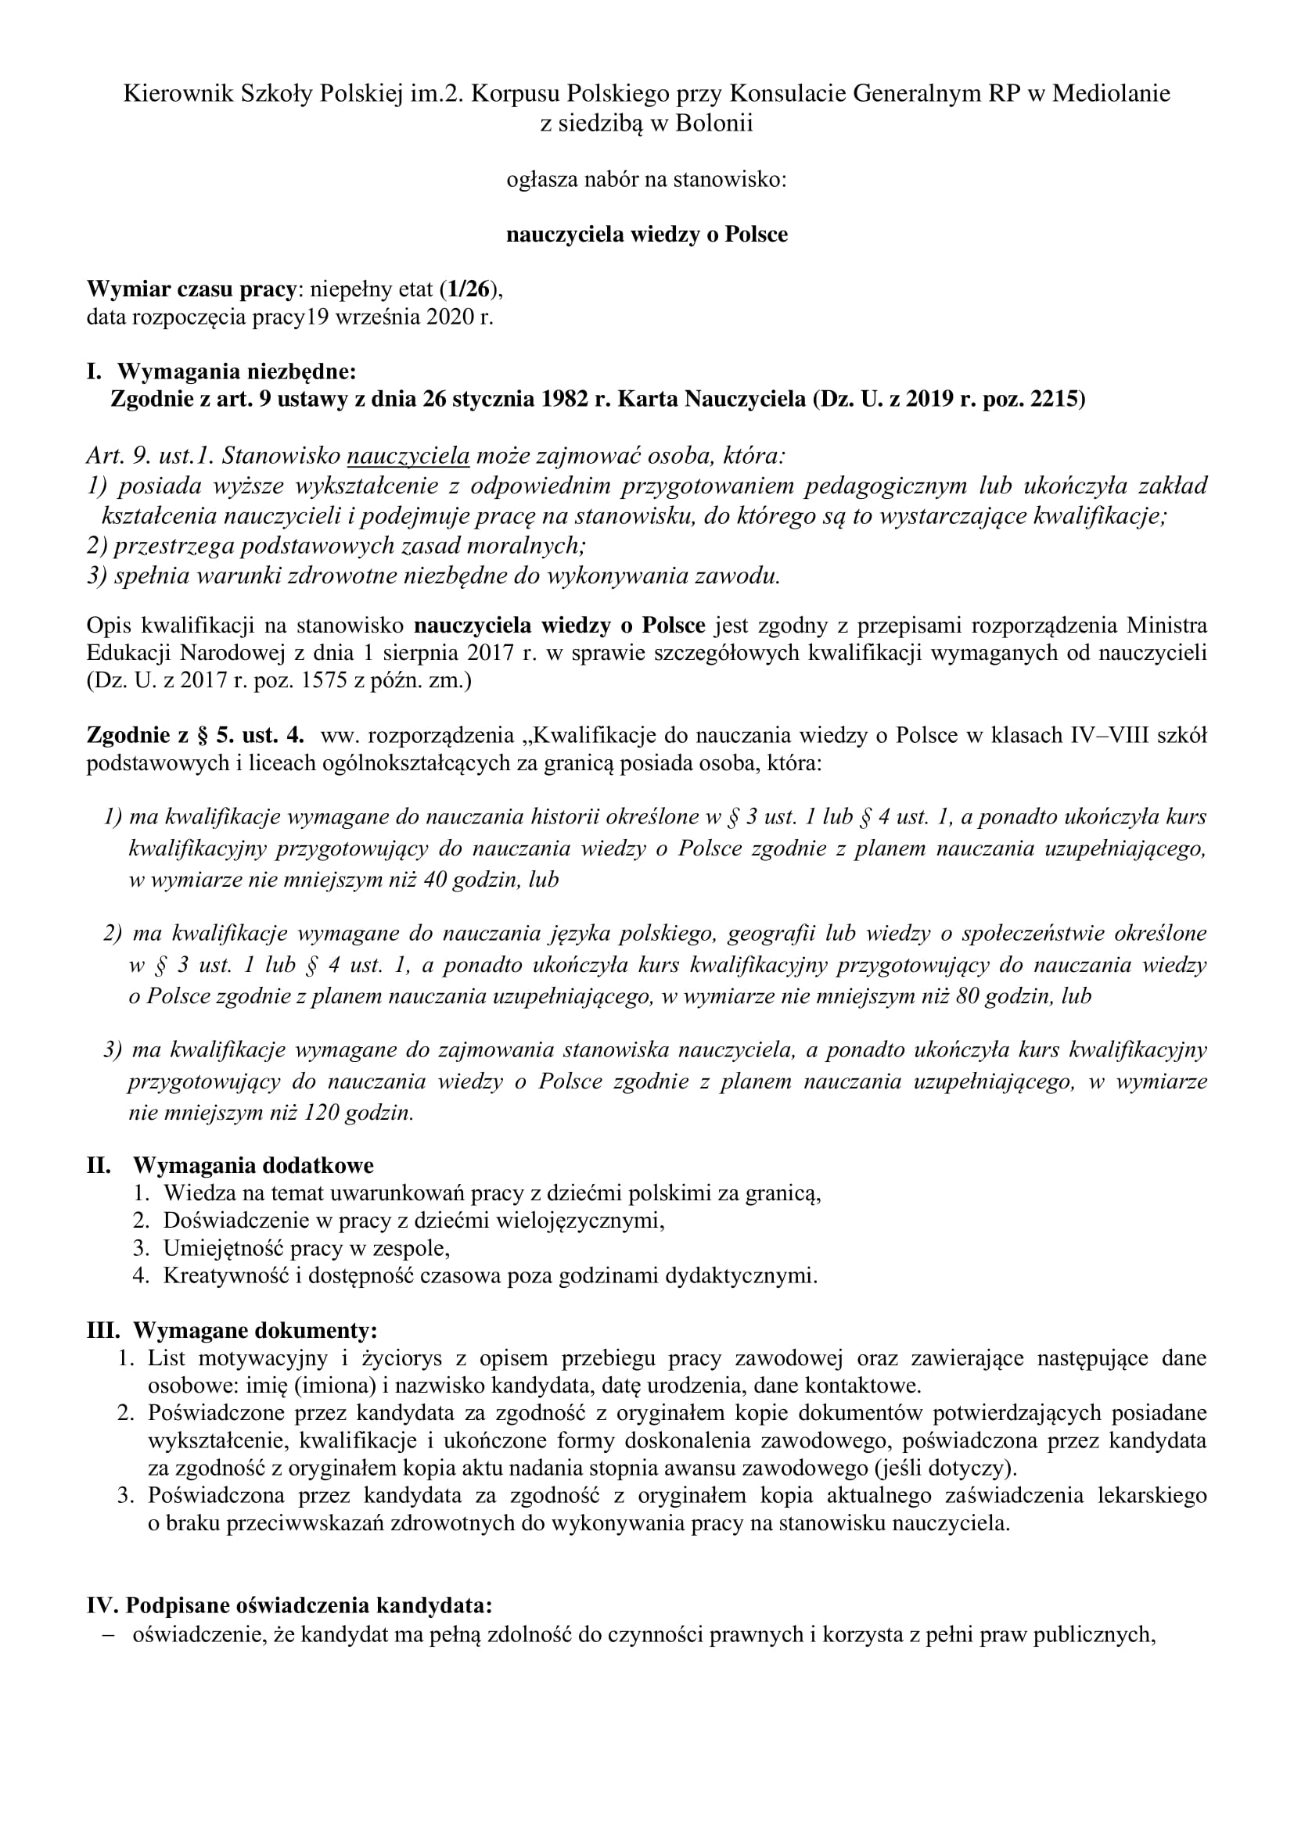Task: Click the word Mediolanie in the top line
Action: (x=1111, y=94)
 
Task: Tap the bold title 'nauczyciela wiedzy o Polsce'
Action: (x=647, y=235)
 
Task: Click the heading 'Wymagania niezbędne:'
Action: (x=236, y=371)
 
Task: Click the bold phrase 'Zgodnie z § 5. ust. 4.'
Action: (x=199, y=735)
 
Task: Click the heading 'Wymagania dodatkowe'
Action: (x=253, y=1165)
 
